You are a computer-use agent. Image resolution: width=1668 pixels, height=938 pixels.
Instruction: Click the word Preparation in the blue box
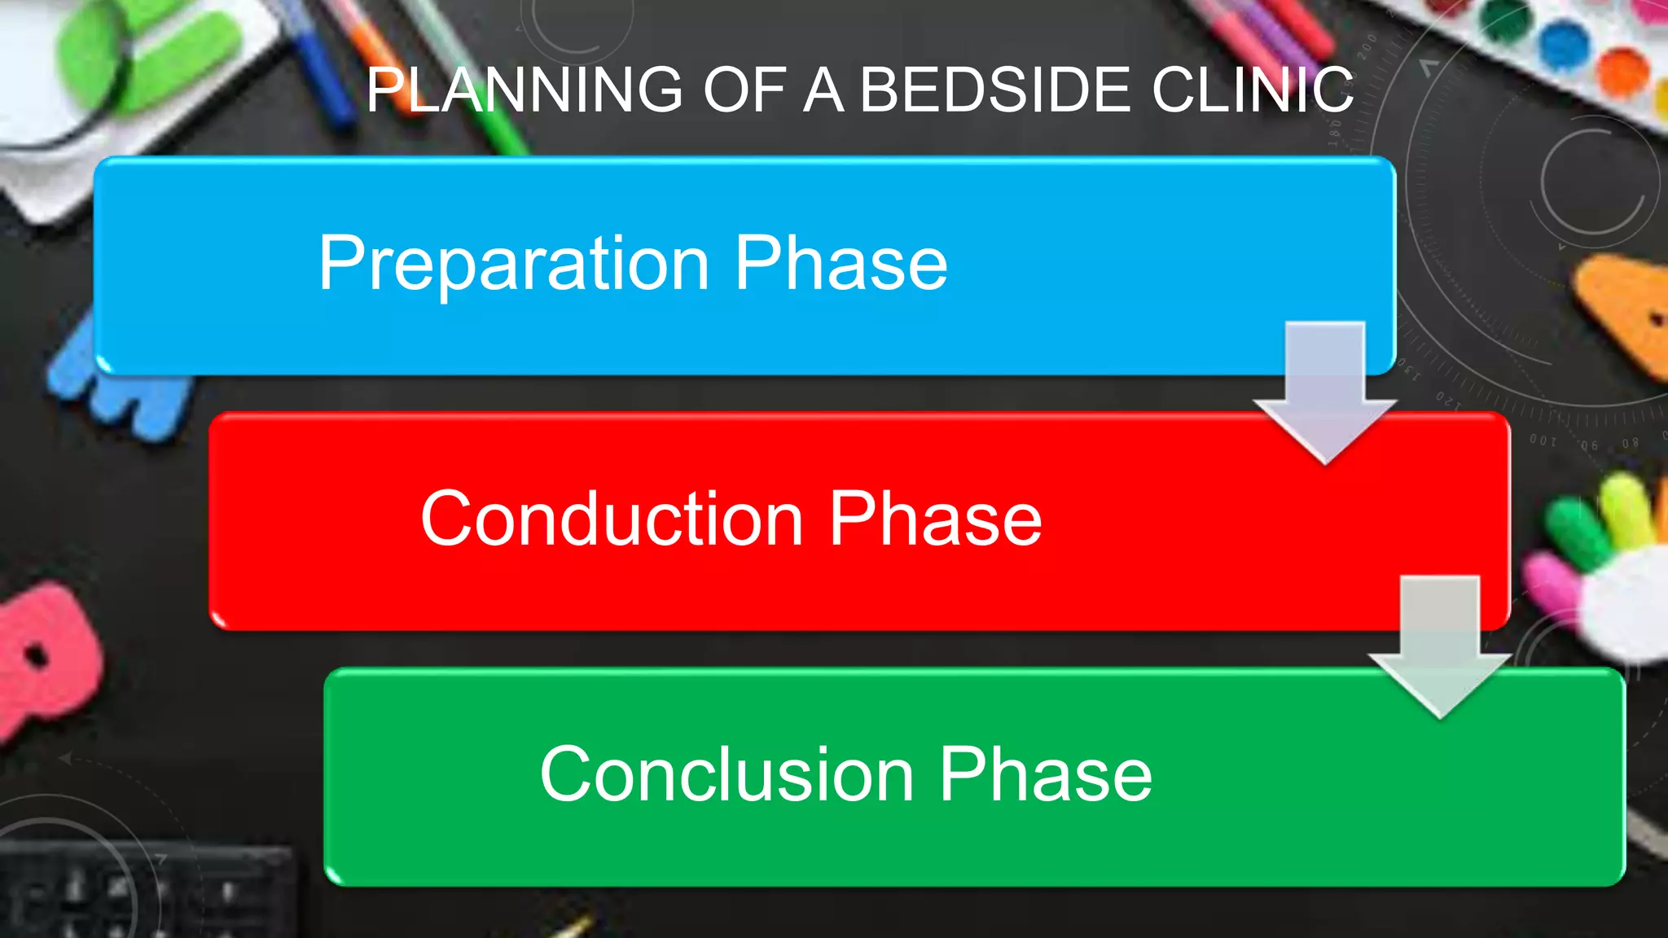514,264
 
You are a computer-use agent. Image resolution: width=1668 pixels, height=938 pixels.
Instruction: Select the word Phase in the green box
1046,774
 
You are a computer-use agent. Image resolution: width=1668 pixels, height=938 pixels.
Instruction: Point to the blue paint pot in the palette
1565,45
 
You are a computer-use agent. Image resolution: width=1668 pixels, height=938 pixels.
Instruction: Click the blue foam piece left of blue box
122,391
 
